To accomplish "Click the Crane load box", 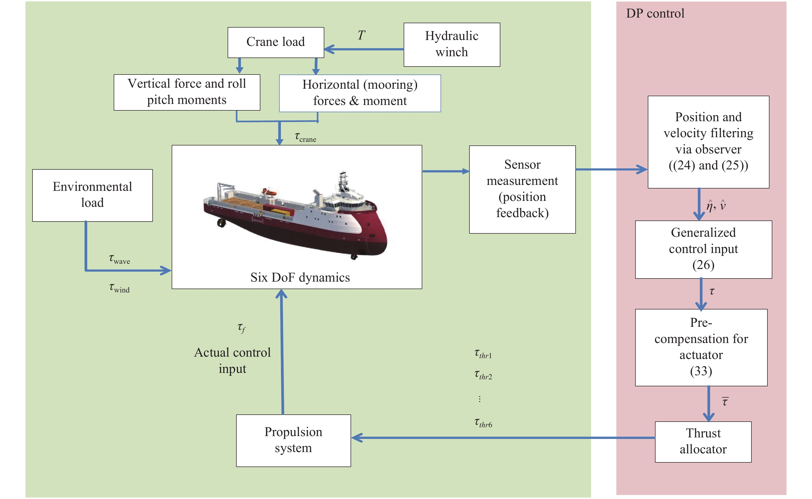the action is point(276,43).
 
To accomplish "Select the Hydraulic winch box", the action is point(452,45).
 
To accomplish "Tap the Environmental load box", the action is point(92,195).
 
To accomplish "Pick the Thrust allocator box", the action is point(703,442).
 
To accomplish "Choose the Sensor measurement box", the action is point(523,190).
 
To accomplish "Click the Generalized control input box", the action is point(703,250).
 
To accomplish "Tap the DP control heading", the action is point(655,13).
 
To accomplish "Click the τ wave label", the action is point(119,259).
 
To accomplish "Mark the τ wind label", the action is point(119,288).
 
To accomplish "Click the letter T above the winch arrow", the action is point(361,35).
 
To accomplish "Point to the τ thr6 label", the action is point(483,423).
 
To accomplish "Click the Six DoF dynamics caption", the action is point(300,277).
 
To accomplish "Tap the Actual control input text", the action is point(233,361).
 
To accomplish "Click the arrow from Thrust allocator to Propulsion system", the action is point(503,438).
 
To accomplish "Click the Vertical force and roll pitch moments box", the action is point(187,92).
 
